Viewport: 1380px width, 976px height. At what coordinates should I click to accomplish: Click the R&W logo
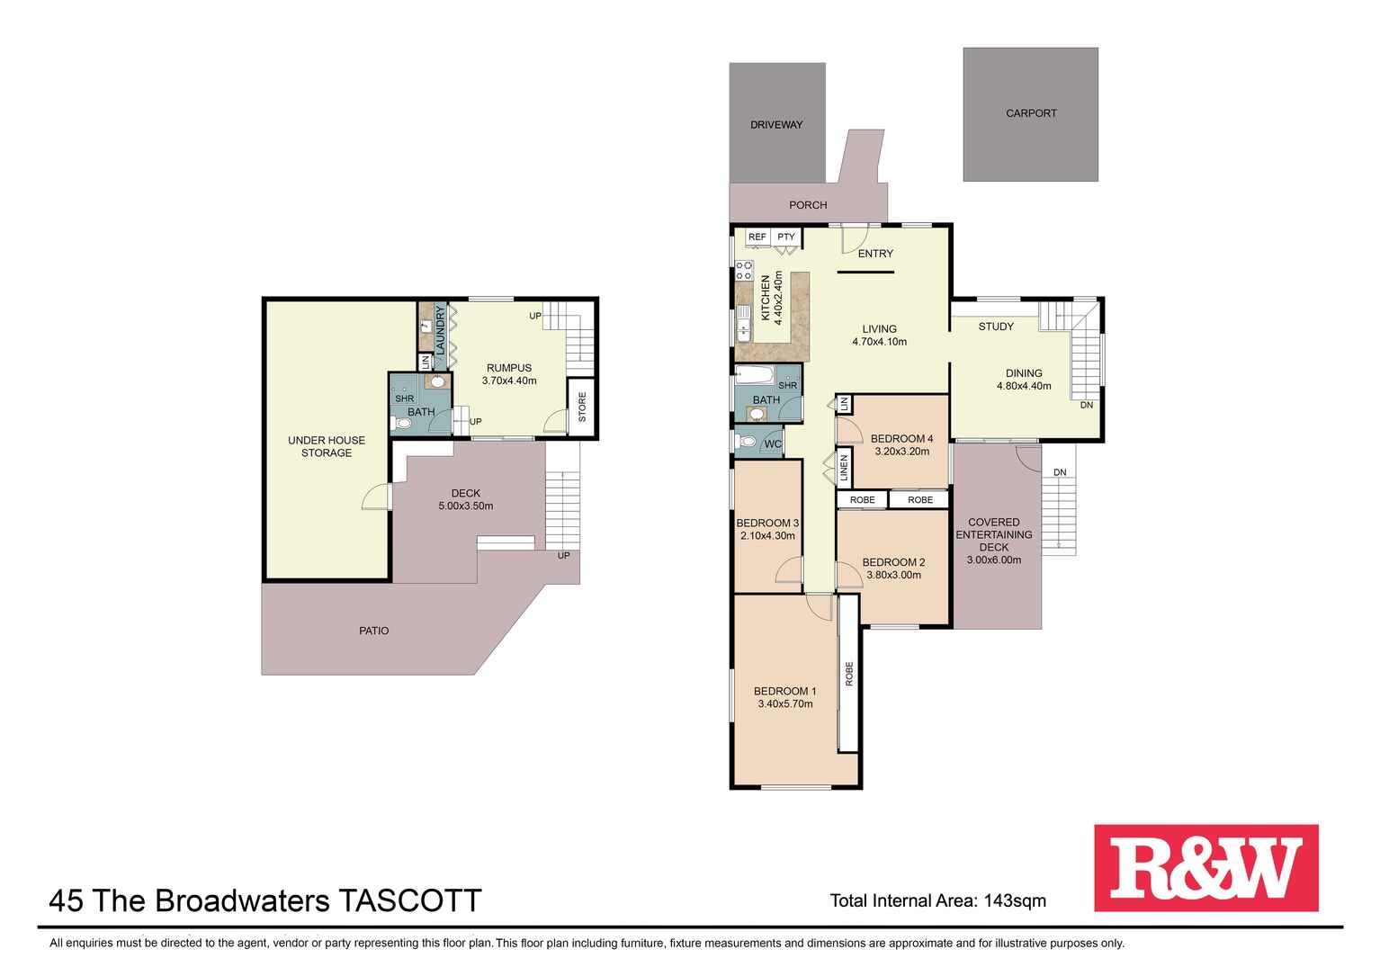coord(1205,868)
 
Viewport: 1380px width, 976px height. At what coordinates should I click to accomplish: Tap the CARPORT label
coord(1031,113)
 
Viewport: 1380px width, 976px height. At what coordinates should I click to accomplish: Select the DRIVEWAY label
coord(776,124)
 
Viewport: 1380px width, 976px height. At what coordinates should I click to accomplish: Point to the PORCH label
coord(808,205)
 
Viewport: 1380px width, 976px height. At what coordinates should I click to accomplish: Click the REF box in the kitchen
coord(757,237)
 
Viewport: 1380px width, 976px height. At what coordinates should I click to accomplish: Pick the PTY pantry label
coord(786,237)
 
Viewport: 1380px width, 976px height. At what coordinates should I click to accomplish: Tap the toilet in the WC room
coord(746,442)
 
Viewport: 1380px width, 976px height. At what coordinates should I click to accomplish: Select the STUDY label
coord(996,327)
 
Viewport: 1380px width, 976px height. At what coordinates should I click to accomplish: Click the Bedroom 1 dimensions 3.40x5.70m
coord(785,704)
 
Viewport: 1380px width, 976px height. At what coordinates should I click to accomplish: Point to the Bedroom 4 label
coord(902,439)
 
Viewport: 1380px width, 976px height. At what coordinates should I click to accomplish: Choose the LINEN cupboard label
coord(844,469)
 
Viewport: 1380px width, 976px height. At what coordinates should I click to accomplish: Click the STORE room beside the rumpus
coord(582,407)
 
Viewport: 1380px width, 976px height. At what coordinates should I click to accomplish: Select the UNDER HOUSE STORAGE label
coord(327,446)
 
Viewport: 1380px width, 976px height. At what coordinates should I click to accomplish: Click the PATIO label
coord(374,631)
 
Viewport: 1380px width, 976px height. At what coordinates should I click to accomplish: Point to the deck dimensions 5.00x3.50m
coord(466,506)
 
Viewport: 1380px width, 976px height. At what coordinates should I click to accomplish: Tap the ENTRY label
coord(875,254)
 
